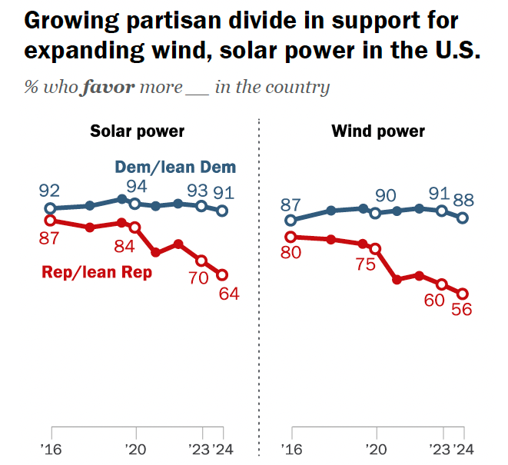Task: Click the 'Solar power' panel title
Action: (138, 131)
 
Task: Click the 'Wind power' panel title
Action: (378, 131)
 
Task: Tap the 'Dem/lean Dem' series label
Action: (175, 167)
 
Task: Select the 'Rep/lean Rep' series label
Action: (97, 272)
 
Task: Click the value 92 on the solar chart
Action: (51, 190)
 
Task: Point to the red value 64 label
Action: (229, 293)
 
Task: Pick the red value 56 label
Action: (461, 311)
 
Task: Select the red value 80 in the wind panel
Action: (290, 254)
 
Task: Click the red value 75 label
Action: (365, 264)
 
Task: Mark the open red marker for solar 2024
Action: (223, 274)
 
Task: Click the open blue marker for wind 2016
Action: (291, 220)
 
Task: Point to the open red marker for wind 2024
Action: (463, 293)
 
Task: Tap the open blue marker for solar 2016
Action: (51, 208)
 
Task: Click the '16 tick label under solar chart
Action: (51, 449)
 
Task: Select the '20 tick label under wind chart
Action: (376, 449)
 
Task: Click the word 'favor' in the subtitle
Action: (107, 86)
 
